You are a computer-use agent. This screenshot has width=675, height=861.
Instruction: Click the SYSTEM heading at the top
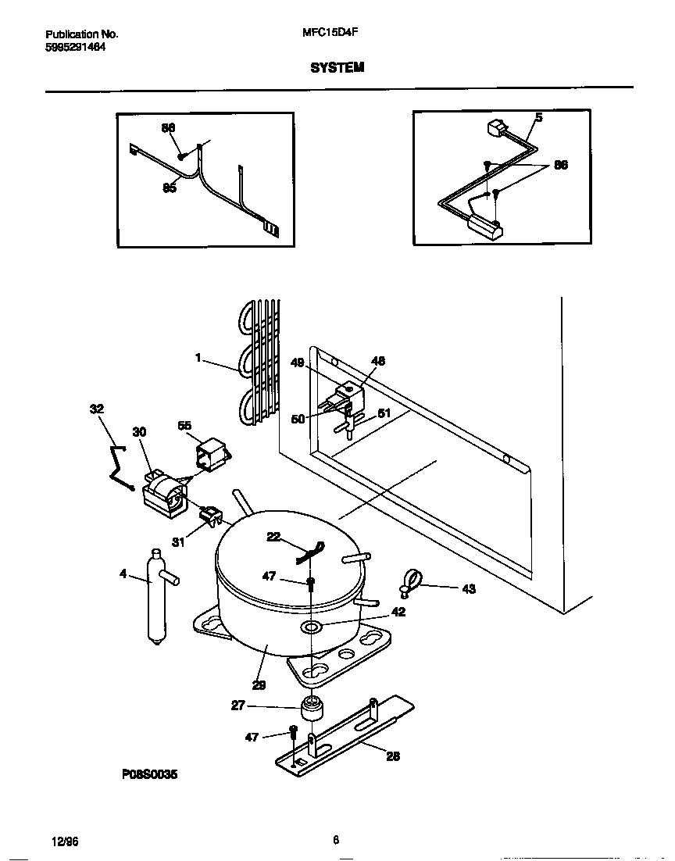337,68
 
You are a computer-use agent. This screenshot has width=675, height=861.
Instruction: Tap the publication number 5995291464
76,47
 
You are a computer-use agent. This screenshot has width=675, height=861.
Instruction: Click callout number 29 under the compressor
259,685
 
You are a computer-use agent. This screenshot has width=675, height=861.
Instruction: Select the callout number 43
468,588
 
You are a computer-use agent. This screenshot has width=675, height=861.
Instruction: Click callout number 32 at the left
96,409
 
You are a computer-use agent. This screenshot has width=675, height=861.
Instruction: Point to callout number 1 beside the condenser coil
198,358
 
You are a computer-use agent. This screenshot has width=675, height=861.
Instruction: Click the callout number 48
378,361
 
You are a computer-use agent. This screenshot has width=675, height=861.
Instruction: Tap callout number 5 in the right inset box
538,117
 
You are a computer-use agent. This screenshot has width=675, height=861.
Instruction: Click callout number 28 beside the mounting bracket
393,756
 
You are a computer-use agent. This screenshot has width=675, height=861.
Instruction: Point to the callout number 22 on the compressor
273,536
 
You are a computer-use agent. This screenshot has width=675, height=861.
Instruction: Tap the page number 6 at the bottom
336,841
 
